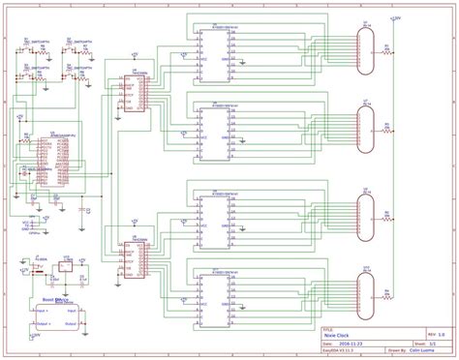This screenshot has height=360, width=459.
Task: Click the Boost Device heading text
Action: coord(53,301)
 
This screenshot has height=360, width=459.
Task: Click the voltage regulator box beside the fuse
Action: coord(64,267)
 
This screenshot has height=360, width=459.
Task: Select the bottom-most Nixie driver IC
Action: coord(214,294)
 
